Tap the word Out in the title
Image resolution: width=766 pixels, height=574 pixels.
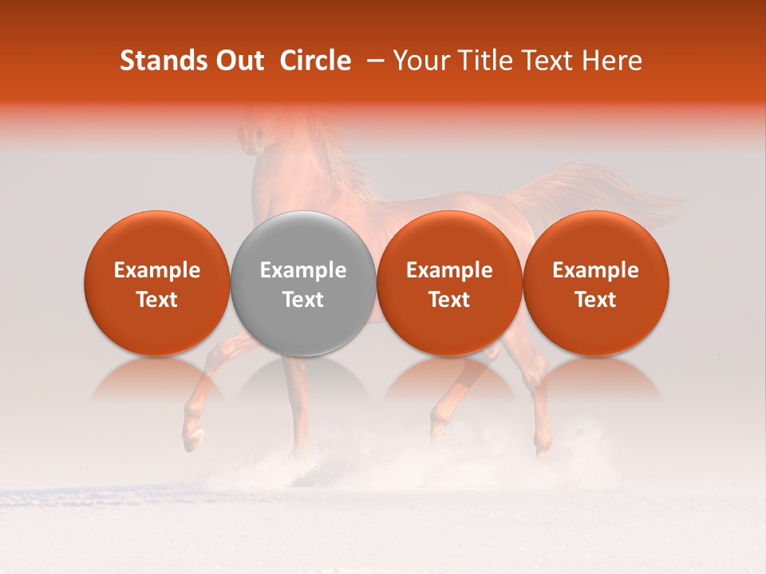click(x=239, y=61)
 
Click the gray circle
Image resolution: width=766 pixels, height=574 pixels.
click(x=303, y=239)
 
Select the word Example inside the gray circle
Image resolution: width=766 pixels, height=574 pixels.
click(x=303, y=270)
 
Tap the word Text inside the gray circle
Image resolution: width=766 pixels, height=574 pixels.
click(x=303, y=300)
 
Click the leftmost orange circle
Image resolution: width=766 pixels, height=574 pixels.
click(x=157, y=239)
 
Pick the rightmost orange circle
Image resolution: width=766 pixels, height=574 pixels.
click(x=596, y=239)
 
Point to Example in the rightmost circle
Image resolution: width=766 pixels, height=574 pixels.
click(x=596, y=270)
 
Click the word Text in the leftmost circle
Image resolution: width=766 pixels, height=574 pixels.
click(x=157, y=300)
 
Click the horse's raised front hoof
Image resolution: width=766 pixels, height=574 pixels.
click(x=192, y=438)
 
